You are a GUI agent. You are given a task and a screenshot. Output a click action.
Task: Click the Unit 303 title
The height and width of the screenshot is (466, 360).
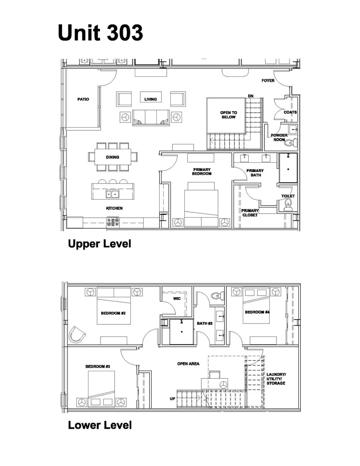100,32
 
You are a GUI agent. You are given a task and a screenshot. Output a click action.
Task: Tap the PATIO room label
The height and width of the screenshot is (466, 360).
83,99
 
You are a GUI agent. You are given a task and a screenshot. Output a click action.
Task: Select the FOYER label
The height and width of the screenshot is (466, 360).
268,80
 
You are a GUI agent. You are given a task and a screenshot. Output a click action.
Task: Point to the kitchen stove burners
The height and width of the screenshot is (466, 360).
113,222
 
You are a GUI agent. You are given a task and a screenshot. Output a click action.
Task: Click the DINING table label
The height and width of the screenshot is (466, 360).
113,157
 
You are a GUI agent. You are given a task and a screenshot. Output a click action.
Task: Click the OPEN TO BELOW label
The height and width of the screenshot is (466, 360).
229,115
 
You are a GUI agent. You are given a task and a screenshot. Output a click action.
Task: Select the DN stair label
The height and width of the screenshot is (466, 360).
251,96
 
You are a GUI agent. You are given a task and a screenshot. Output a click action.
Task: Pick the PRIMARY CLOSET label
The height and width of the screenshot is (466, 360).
250,213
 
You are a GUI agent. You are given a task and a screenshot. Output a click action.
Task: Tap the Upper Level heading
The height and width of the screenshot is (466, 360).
100,244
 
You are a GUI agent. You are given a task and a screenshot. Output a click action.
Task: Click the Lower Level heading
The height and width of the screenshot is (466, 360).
100,425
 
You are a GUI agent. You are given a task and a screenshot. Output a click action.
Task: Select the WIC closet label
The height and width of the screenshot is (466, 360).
177,298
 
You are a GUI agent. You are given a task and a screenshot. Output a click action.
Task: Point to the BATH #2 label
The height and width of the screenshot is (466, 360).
204,323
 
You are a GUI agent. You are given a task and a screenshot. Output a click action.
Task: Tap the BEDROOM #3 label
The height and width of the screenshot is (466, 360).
98,366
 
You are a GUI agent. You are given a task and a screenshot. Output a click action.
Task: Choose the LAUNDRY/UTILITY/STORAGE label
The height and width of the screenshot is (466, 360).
276,379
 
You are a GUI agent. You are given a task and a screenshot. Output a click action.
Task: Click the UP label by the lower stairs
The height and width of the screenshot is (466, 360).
172,398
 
